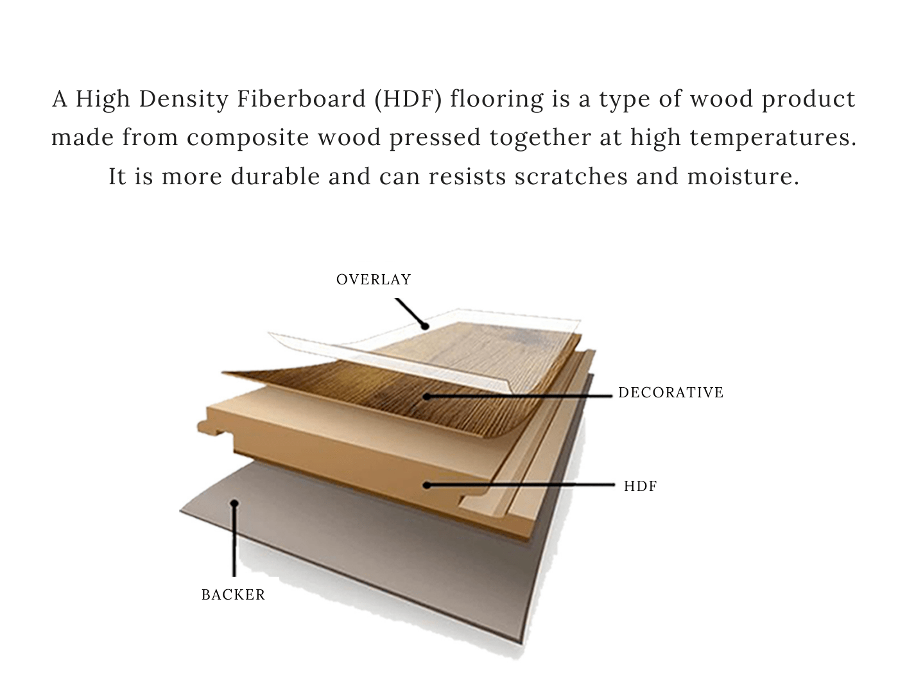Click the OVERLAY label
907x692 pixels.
tap(374, 279)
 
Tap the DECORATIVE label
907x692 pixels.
tap(671, 392)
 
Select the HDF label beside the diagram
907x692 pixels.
tap(641, 486)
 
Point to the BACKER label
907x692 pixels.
tap(233, 594)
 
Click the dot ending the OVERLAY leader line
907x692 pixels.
tap(424, 326)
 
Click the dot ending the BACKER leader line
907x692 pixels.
tap(235, 504)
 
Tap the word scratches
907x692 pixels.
tap(571, 176)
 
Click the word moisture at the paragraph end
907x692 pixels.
tap(743, 176)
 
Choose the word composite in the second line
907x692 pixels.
tap(248, 137)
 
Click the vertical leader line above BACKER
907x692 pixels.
tap(234, 542)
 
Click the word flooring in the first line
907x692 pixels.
tap(488, 99)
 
